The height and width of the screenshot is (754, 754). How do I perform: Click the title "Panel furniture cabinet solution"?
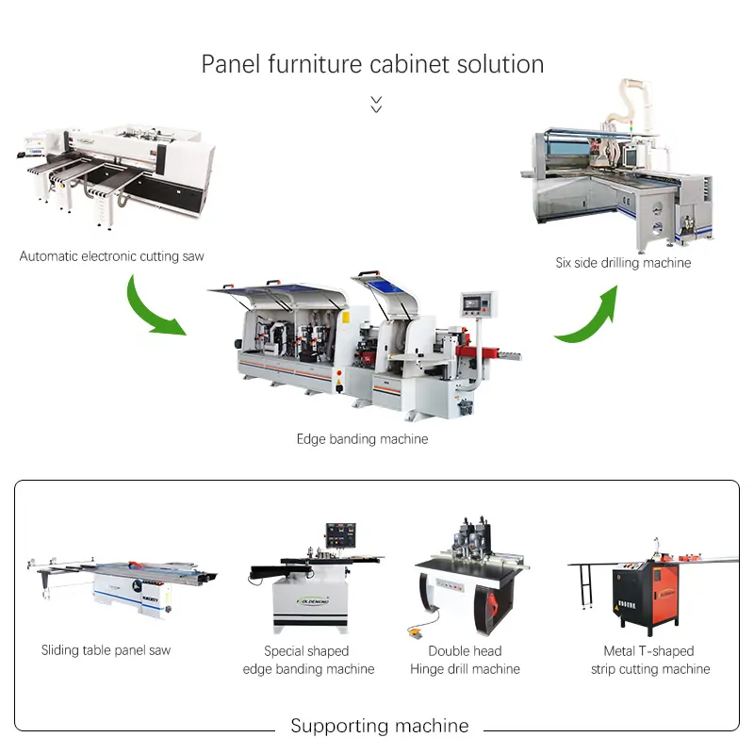(372, 64)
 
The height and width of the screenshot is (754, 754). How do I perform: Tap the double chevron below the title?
(376, 104)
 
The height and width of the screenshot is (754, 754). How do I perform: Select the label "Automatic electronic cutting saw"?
(111, 256)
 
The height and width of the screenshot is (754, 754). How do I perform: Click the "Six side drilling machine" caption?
(623, 263)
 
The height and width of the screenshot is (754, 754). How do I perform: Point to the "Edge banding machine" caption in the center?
(362, 439)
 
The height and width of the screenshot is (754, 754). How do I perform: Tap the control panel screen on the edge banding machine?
(472, 303)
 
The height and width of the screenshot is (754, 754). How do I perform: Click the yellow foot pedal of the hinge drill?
(415, 631)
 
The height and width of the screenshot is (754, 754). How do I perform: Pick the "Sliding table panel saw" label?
(106, 650)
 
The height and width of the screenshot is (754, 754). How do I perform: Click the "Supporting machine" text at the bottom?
(380, 725)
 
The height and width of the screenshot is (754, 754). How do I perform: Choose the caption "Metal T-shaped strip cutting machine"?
(650, 660)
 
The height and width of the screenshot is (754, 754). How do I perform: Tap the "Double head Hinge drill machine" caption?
(465, 660)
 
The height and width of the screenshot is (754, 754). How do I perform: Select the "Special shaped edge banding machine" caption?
(308, 660)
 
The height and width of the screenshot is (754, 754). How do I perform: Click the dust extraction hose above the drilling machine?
(629, 104)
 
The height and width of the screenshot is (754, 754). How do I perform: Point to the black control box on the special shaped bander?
(340, 534)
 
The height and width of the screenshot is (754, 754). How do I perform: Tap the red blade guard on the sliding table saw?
(136, 564)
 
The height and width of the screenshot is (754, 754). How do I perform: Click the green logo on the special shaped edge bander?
(313, 601)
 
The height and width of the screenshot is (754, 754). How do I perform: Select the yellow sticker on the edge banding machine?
(345, 318)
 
